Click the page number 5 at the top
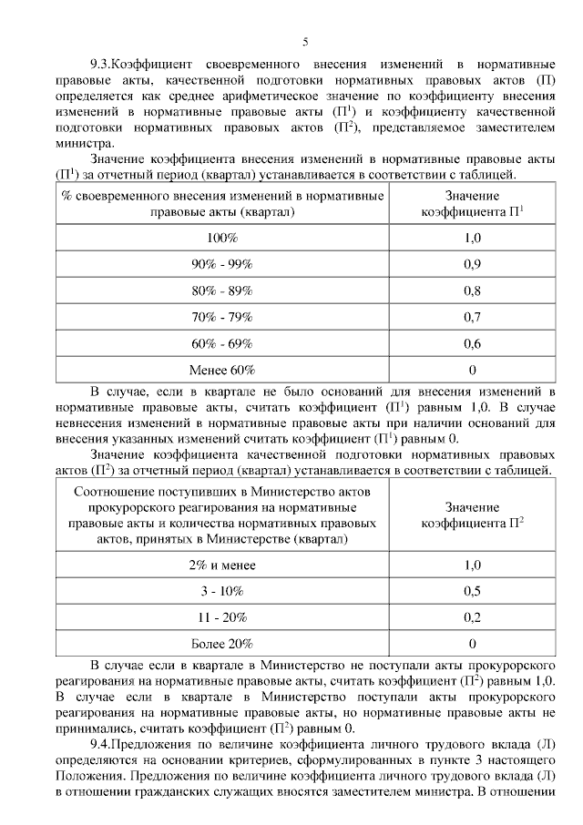(305, 41)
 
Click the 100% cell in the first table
(221, 238)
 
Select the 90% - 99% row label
(221, 264)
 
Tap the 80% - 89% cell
(221, 290)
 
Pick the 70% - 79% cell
(221, 317)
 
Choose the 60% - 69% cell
(221, 343)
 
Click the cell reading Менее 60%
(221, 370)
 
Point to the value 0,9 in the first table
(472, 264)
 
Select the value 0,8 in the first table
(472, 290)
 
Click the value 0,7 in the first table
(472, 317)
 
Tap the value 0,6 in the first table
(472, 343)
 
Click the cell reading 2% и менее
(221, 565)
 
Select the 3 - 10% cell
(221, 592)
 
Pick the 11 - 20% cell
(221, 618)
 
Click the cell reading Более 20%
(221, 645)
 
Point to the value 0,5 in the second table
(472, 592)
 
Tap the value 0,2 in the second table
(472, 618)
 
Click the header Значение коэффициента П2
(472, 515)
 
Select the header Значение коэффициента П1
(472, 204)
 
